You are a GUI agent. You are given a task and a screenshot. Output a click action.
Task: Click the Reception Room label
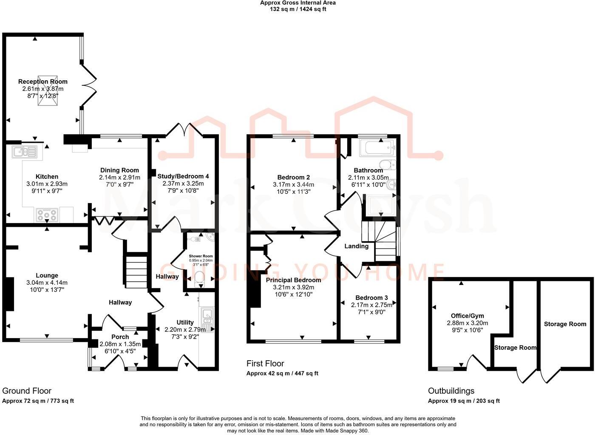click(x=42, y=82)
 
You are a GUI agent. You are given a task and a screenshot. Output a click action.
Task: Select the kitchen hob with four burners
click(x=47, y=215)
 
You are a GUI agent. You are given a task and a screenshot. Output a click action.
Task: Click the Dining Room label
click(x=119, y=170)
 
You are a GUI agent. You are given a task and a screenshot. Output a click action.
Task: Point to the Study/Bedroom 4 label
click(x=183, y=176)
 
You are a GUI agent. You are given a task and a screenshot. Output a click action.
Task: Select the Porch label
click(x=120, y=337)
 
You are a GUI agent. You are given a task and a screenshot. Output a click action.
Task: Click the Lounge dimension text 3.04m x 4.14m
click(x=47, y=282)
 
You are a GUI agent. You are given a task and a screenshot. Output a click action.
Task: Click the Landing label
click(x=356, y=246)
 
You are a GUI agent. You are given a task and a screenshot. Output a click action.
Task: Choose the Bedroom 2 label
click(x=293, y=178)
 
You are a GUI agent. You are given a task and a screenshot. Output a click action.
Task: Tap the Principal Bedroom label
click(x=293, y=280)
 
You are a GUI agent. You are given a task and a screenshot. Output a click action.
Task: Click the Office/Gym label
click(x=467, y=316)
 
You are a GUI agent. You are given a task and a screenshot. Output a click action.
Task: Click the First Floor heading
click(x=265, y=364)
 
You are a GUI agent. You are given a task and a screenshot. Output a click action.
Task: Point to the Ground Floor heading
click(x=27, y=391)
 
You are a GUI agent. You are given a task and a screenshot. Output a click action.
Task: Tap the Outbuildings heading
click(x=451, y=391)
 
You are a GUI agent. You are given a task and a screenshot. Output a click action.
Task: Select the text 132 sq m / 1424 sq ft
click(x=297, y=9)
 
